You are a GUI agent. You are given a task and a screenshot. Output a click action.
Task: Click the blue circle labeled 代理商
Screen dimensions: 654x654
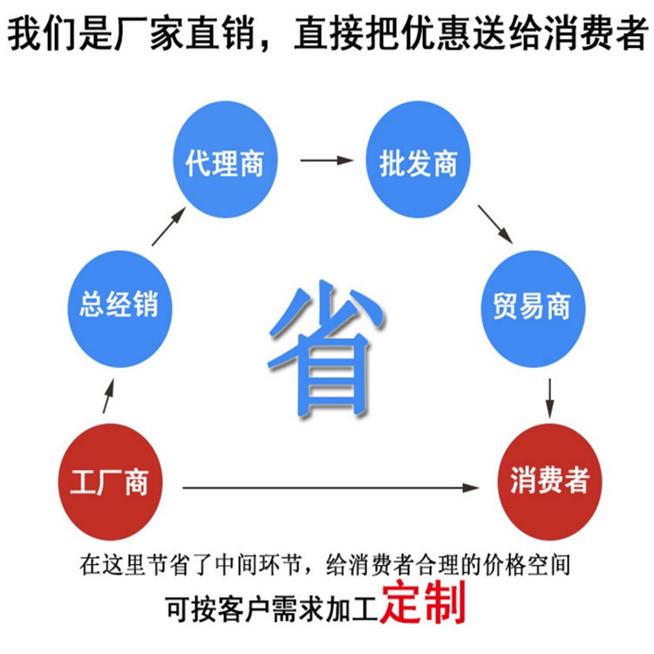point(225,160)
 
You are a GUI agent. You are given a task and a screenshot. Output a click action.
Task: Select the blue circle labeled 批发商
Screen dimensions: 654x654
point(418,160)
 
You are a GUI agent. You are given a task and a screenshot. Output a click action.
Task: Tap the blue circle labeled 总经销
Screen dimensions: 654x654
point(120,309)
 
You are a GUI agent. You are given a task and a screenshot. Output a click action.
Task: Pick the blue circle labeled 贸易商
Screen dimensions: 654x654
point(534,309)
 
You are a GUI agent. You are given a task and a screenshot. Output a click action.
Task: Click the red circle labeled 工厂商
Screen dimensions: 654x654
point(110,481)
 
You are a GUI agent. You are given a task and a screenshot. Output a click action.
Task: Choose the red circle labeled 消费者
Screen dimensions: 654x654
point(549,481)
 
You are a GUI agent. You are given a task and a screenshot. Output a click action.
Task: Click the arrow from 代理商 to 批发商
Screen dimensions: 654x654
point(327,160)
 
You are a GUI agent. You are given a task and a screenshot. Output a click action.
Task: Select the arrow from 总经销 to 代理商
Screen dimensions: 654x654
point(169,227)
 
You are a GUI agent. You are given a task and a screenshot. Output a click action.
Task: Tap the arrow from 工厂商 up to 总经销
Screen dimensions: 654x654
point(108,396)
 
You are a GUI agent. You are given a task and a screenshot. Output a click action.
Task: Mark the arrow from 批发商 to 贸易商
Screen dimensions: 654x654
point(495,224)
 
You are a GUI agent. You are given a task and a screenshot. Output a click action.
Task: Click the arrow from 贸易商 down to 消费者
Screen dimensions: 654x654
point(550,399)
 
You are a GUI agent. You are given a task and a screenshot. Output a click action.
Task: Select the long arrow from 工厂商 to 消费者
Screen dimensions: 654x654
point(331,487)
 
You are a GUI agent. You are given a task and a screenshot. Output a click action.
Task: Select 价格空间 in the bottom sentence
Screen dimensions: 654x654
point(527,565)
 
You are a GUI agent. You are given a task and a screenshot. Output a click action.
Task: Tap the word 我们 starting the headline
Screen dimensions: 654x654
point(42,33)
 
